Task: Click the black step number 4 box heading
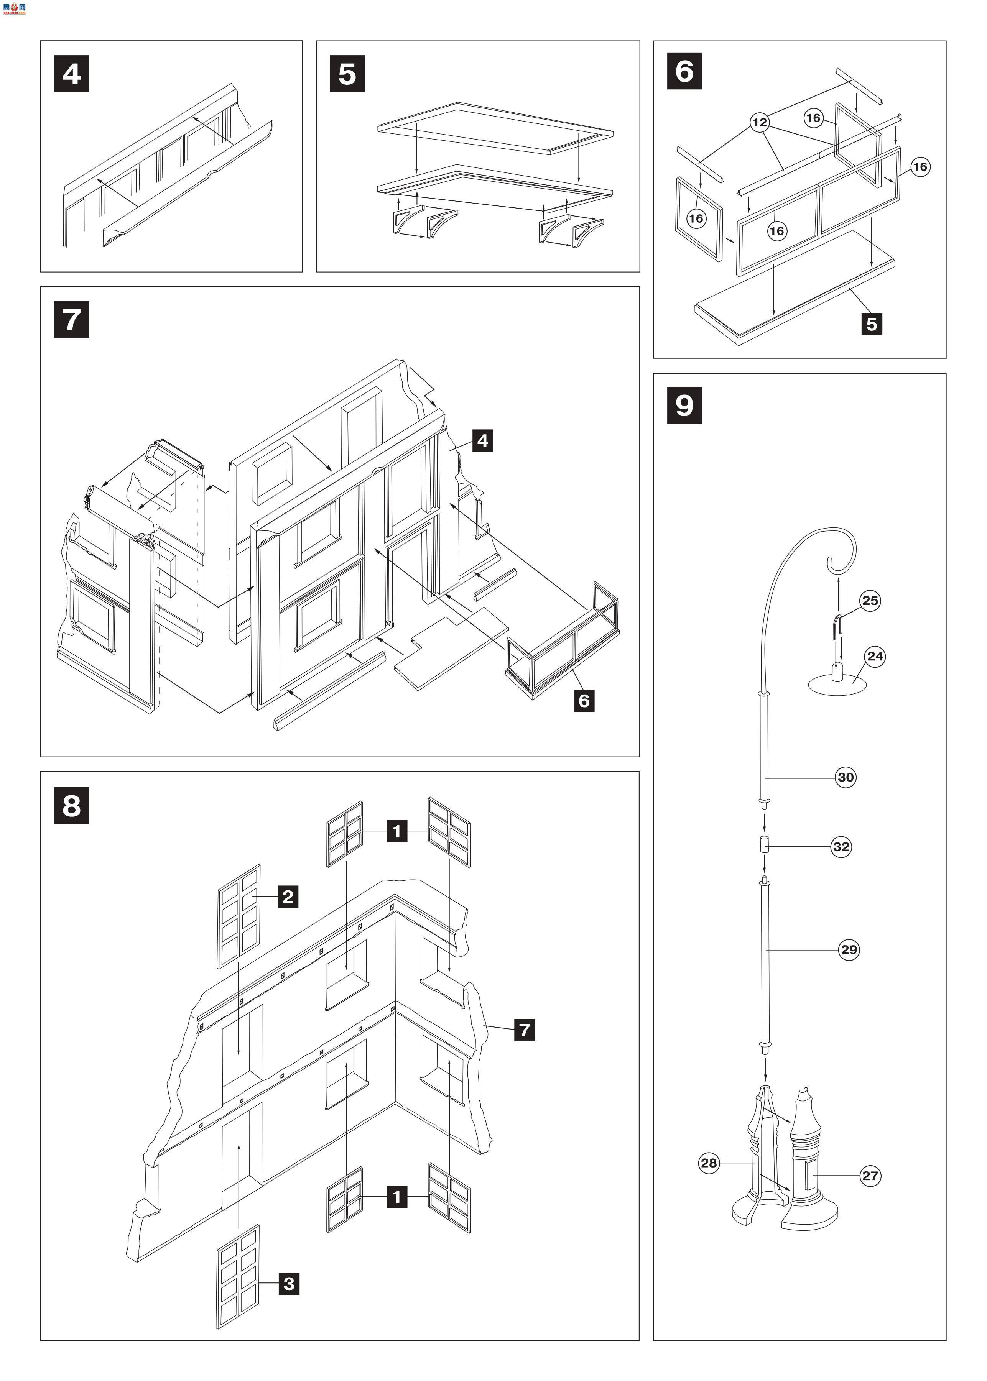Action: [x=72, y=74]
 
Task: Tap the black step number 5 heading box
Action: [x=347, y=74]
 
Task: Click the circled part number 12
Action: [x=760, y=123]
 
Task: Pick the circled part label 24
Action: [x=875, y=656]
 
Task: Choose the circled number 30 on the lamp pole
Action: [x=846, y=777]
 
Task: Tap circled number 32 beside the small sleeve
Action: [x=841, y=847]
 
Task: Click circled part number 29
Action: [x=849, y=950]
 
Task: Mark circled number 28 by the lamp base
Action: [x=709, y=1163]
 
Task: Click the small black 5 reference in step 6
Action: [x=872, y=324]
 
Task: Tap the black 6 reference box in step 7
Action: [x=584, y=701]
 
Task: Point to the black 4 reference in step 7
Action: [x=482, y=440]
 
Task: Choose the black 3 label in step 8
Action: [x=289, y=1284]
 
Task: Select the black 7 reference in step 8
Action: [x=525, y=1030]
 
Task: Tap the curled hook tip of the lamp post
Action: [x=829, y=562]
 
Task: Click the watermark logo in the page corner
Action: [x=13, y=7]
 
